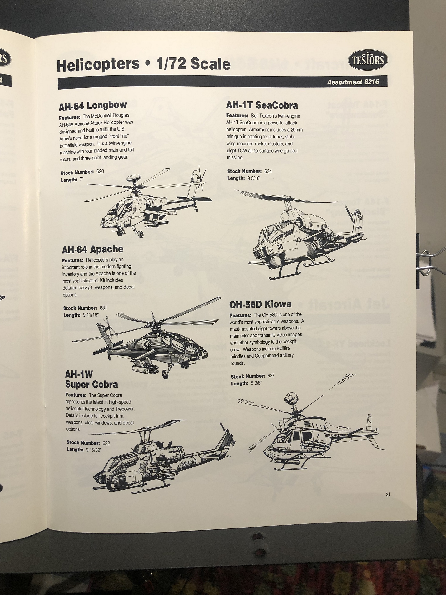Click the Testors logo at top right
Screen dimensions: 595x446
coord(368,60)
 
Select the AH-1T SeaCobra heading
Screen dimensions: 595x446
coord(262,105)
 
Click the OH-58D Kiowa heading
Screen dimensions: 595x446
coord(260,304)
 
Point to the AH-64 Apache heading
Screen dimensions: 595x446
coord(92,249)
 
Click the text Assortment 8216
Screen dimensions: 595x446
coord(353,82)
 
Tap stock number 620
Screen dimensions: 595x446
coord(100,171)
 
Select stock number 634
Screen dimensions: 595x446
coord(268,171)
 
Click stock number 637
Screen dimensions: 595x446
coord(271,376)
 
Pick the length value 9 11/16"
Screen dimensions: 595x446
coord(90,315)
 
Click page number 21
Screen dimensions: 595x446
coord(388,494)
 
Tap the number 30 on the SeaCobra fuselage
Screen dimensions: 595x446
coord(280,246)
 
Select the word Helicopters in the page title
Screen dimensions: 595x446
coord(98,65)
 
